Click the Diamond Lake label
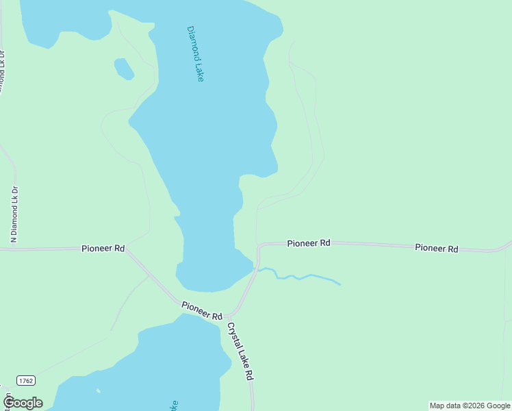pos(195,54)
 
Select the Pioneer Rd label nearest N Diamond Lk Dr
pos(103,248)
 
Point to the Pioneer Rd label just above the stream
pos(309,243)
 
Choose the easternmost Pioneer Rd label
pos(436,248)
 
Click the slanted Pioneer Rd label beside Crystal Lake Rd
pos(202,310)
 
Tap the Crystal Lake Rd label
pos(240,351)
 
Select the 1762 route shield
pos(26,380)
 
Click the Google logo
pos(23,403)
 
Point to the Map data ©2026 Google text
pos(470,406)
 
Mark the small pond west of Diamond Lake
pos(124,68)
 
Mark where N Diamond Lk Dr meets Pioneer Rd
pos(14,249)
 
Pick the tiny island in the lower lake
pos(98,391)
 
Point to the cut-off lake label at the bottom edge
pos(174,405)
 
